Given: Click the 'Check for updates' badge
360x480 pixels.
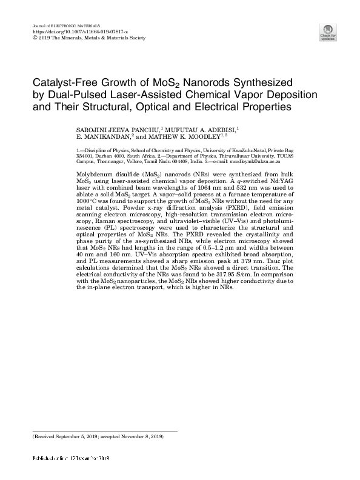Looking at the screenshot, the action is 328,33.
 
